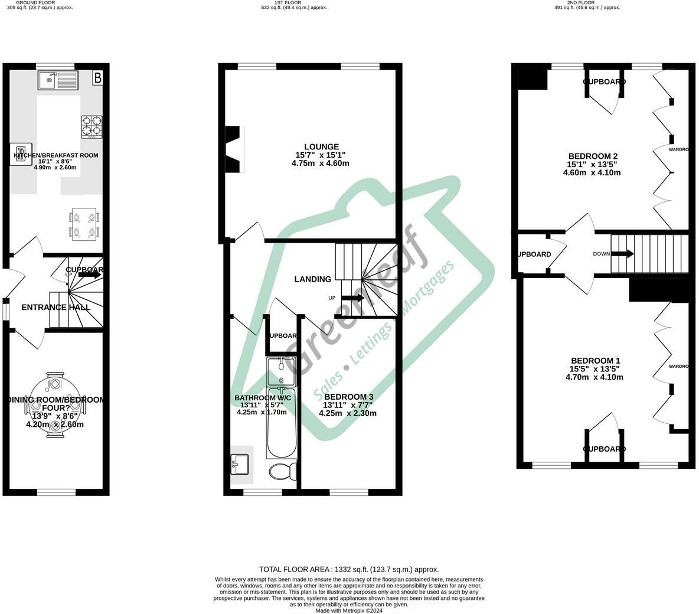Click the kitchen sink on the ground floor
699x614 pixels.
tap(57, 80)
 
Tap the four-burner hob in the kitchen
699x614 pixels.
tap(92, 126)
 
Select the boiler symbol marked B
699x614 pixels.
tap(98, 77)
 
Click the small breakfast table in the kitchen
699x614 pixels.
tap(84, 224)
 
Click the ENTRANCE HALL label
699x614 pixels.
tap(56, 307)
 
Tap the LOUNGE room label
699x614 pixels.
tap(321, 147)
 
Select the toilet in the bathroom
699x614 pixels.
tap(283, 472)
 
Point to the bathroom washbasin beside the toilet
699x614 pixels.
tap(241, 464)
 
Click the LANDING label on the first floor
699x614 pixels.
tap(313, 279)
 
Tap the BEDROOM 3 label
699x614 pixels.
tap(348, 396)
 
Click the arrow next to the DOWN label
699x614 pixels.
tap(622, 254)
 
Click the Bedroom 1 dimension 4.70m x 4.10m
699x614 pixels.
tap(595, 377)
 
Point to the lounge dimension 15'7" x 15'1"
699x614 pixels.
tap(320, 155)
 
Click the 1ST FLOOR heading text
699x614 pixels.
tap(289, 3)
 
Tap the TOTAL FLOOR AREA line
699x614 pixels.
tap(349, 570)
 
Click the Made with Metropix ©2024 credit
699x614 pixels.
tap(349, 610)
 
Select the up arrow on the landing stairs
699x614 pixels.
tap(352, 298)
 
